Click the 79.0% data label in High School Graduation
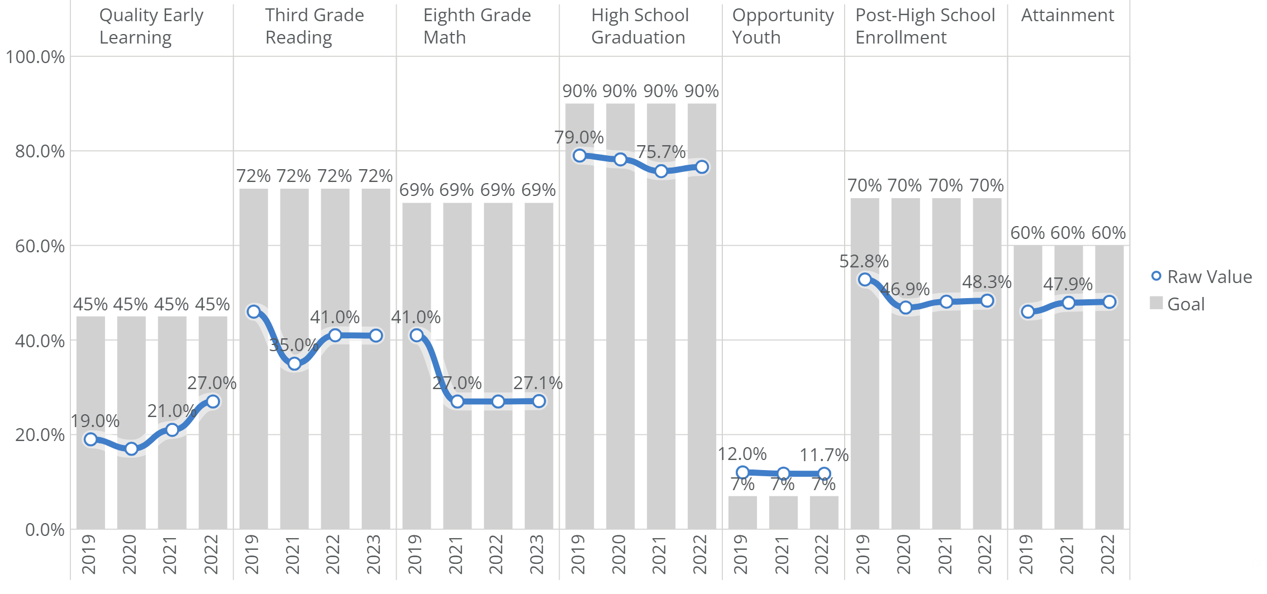tap(579, 137)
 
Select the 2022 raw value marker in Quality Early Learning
tap(213, 401)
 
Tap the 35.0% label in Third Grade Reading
tap(293, 345)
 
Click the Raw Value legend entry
tap(1201, 277)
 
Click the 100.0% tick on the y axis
tap(35, 57)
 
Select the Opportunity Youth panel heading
tap(783, 26)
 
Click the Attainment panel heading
tap(1068, 16)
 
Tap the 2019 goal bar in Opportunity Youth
tap(742, 512)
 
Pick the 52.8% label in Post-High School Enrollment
tap(864, 261)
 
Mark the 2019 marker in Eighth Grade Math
tap(416, 336)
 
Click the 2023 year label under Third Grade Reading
tap(374, 554)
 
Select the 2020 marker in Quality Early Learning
tap(131, 449)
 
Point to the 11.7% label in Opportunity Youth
tap(824, 455)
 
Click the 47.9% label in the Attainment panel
tap(1068, 284)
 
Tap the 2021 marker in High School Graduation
tap(661, 171)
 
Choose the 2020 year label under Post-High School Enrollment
tap(904, 554)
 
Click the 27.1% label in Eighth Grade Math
tap(538, 383)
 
